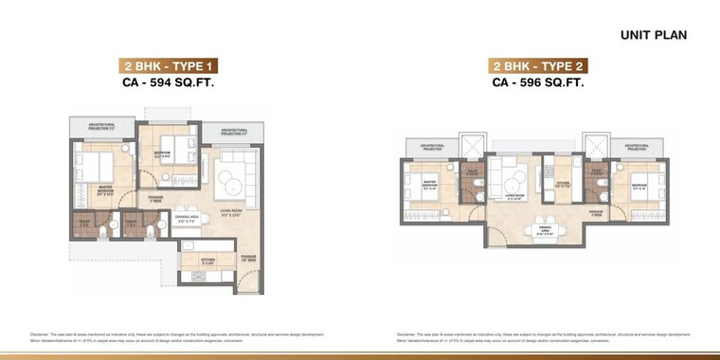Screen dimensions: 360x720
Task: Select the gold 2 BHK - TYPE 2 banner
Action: pyautogui.click(x=537, y=66)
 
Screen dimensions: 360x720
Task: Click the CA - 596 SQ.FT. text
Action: pyautogui.click(x=537, y=83)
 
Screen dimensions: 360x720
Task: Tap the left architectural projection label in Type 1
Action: pyautogui.click(x=101, y=125)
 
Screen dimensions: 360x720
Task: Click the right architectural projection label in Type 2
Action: pyautogui.click(x=636, y=148)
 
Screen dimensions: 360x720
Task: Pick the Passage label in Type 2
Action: pyautogui.click(x=596, y=213)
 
